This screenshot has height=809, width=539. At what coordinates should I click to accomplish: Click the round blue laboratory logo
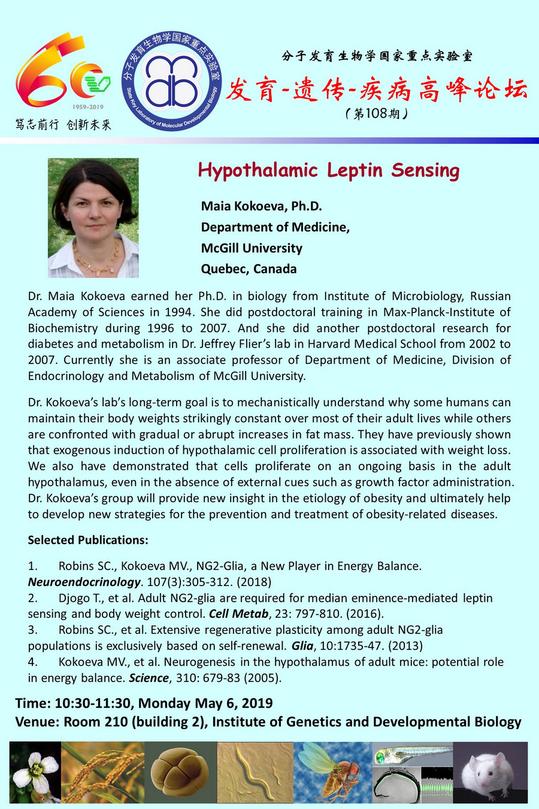point(171,81)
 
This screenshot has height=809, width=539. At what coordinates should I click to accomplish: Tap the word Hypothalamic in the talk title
point(258,171)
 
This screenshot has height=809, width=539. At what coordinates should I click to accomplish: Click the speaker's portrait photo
point(93,218)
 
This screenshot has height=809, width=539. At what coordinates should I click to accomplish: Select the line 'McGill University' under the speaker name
point(252,248)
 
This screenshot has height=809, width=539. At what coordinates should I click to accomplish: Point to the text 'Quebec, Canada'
point(249,268)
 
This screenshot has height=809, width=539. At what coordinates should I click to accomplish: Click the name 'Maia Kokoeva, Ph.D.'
point(261,206)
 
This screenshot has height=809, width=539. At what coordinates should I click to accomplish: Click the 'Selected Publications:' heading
point(88,540)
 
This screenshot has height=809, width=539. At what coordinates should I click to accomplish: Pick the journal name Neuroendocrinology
point(84,582)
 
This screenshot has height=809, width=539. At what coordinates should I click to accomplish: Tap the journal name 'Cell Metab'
point(238,614)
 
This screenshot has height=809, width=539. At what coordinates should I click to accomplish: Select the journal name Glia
point(302,646)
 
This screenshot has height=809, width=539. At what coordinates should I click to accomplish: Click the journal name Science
point(149,678)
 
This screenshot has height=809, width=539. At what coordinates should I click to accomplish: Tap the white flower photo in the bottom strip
point(35,772)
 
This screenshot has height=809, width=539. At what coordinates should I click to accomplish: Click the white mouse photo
point(490,772)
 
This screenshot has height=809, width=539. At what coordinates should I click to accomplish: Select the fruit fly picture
point(332,772)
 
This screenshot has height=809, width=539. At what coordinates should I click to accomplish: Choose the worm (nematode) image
point(255,772)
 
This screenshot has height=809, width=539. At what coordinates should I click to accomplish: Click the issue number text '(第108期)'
point(377,113)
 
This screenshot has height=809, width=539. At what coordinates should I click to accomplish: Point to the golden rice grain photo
point(102,772)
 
